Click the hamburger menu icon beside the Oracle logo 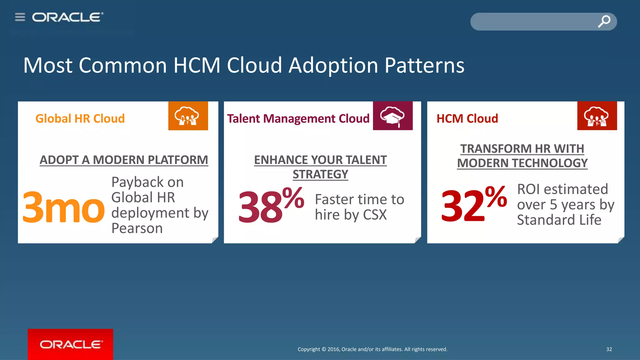pyautogui.click(x=20, y=17)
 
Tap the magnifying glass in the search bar pyautogui.click(x=604, y=21)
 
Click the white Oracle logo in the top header pyautogui.click(x=67, y=17)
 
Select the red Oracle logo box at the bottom pyautogui.click(x=70, y=344)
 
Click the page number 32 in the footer pyautogui.click(x=609, y=349)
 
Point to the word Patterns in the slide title pyautogui.click(x=424, y=65)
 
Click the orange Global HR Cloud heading pyautogui.click(x=80, y=118)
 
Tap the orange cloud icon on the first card pyautogui.click(x=188, y=116)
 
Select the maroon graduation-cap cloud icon pyautogui.click(x=392, y=116)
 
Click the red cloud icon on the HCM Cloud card pyautogui.click(x=597, y=116)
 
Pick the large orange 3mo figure pyautogui.click(x=63, y=207)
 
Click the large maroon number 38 pyautogui.click(x=260, y=207)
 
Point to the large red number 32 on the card pyautogui.click(x=462, y=206)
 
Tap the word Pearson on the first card pyautogui.click(x=137, y=228)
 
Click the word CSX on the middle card pyautogui.click(x=375, y=215)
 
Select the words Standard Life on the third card pyautogui.click(x=559, y=220)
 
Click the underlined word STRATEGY pyautogui.click(x=320, y=174)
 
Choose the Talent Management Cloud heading pyautogui.click(x=298, y=118)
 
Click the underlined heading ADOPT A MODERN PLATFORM pyautogui.click(x=124, y=160)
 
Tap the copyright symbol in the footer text pyautogui.click(x=324, y=349)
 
